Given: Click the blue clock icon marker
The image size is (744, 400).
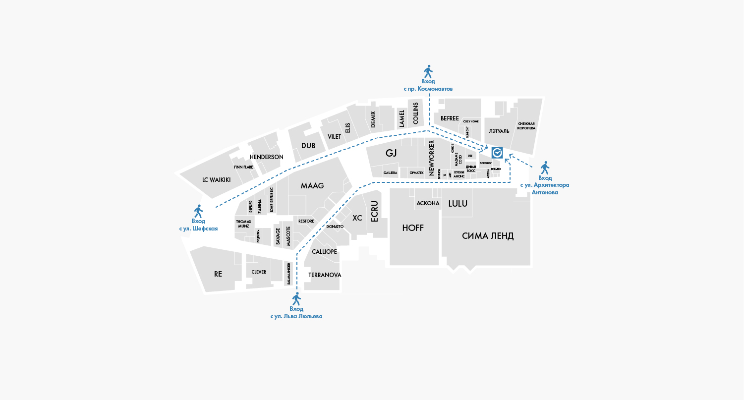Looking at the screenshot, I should point(497,153).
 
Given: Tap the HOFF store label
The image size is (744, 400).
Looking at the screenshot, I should point(413,228).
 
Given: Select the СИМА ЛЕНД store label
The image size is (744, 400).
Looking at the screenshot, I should point(488,236).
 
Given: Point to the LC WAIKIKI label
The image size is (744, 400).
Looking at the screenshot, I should point(217,180).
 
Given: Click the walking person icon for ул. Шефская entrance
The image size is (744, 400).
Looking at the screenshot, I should point(199,211).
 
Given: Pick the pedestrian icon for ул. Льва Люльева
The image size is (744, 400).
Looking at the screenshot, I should point(296,299).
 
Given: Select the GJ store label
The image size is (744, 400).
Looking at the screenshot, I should point(391,153).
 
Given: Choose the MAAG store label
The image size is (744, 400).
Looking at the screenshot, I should point(312,186).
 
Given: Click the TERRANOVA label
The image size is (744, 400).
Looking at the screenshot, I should point(325,275).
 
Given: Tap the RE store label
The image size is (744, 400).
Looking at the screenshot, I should point(218,274).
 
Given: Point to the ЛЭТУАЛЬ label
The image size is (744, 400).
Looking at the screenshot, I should point(499,131).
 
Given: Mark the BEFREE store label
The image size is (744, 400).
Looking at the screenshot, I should point(450,118).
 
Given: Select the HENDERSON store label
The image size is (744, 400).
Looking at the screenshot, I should point(266,157).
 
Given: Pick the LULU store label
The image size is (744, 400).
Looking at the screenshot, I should point(458,204).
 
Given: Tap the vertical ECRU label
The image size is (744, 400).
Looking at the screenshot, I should point(375,212).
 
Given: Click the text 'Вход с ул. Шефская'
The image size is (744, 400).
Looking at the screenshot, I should point(198,225).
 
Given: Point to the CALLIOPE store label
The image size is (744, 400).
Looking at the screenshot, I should point(324,252).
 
